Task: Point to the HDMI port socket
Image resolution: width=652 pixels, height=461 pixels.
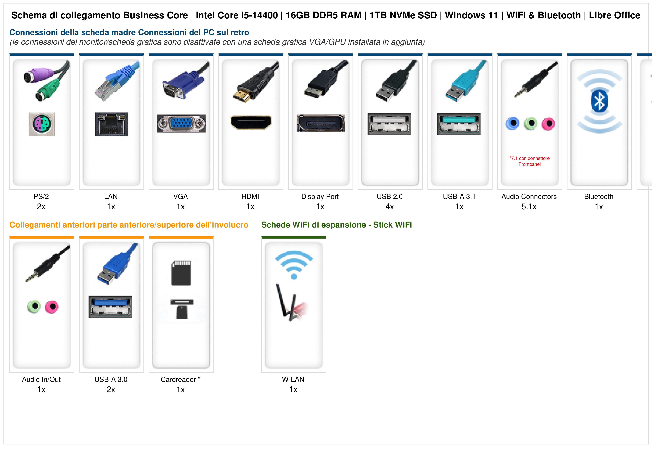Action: tap(251, 122)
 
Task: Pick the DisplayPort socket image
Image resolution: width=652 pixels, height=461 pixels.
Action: tap(321, 123)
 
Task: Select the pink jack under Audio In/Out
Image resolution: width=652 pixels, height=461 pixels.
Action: tap(51, 307)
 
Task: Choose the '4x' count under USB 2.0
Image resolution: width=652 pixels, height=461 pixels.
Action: tap(390, 207)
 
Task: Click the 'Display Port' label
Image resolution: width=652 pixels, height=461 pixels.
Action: tap(320, 196)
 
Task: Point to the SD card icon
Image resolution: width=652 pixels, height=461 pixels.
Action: tap(181, 273)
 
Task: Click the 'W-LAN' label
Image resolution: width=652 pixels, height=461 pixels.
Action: tap(293, 379)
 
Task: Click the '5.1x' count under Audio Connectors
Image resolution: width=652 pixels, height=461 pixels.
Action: tap(529, 207)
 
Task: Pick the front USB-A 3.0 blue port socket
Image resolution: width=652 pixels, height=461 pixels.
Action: tap(110, 307)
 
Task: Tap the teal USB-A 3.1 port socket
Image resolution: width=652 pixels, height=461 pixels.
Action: tap(459, 124)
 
